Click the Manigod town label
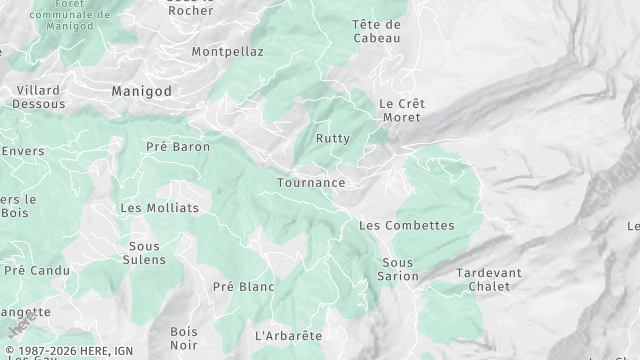pos(141,91)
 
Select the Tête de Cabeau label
pos(376,31)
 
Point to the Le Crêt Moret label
pos(400,110)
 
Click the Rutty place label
pos(333,138)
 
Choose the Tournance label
pos(311,183)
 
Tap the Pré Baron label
pos(178,147)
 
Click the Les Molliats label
pos(159,208)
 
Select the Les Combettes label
pos(406,226)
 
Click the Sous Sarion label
pos(398,269)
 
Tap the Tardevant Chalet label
pos(488,279)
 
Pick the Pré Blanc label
pos(243,287)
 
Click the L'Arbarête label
pos(288,335)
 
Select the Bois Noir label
pos(184,338)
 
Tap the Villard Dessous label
pos(39,97)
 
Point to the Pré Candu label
pos(37,271)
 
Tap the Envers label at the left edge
pos(22,151)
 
